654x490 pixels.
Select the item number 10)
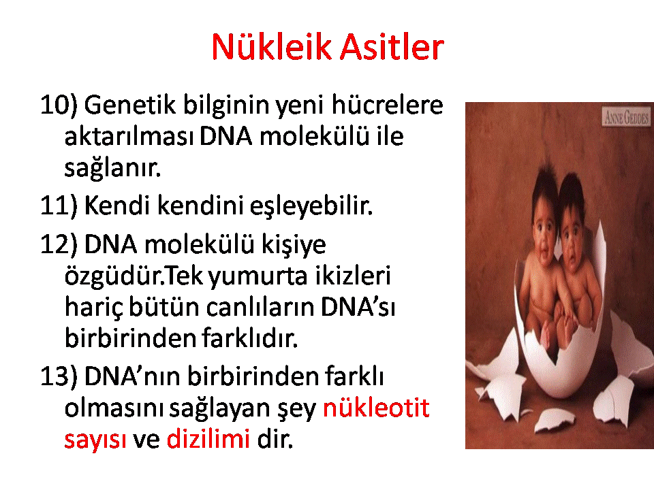point(59,105)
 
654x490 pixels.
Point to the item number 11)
point(59,206)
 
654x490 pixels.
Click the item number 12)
point(59,244)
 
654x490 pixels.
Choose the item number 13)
point(59,376)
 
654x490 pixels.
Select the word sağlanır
point(112,168)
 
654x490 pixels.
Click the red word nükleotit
point(376,407)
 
